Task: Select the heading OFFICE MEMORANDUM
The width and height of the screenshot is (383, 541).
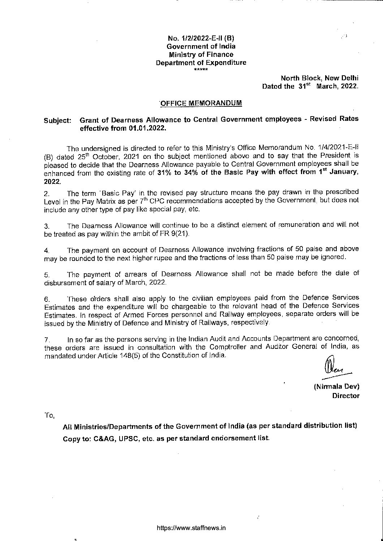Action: pos(201,103)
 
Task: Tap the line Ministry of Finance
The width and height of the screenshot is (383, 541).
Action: pos(201,54)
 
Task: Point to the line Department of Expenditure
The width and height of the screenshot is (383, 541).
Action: pos(201,62)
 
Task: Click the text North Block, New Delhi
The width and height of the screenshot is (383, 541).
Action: pos(320,78)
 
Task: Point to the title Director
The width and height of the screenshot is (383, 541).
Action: pos(346,396)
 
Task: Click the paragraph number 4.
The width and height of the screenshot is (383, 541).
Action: pos(46,250)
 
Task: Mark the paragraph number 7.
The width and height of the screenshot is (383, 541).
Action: pos(46,341)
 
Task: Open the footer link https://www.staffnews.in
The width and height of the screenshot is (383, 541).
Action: pos(191,528)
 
